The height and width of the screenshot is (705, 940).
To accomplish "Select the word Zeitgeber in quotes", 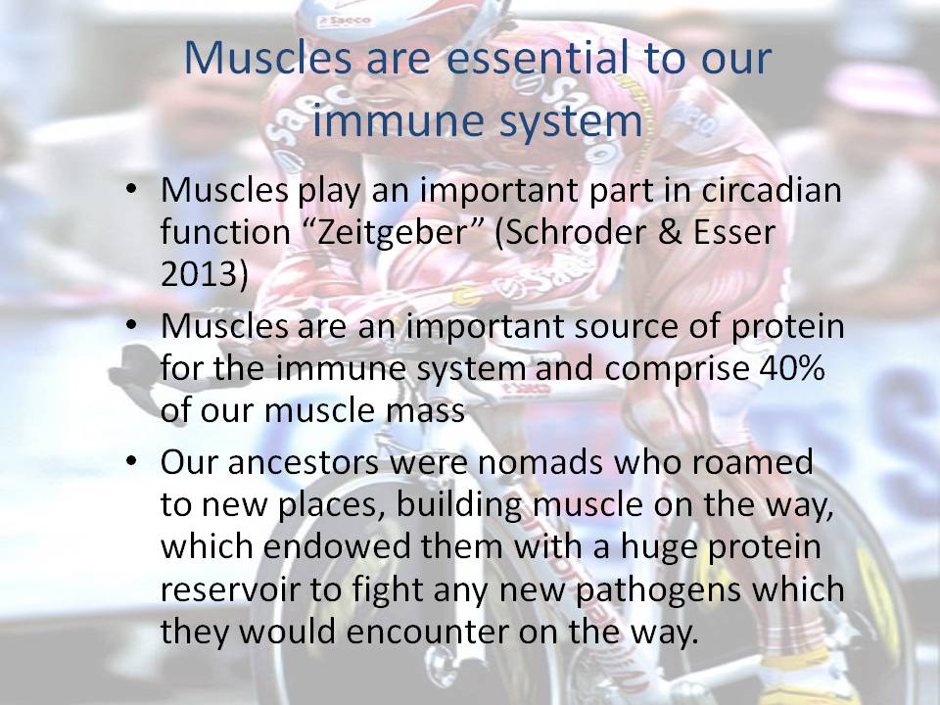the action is click(392, 233).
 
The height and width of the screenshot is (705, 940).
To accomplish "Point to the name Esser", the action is click(733, 233).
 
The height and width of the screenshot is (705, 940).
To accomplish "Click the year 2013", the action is click(204, 274).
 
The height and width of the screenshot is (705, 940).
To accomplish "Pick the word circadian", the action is click(772, 189).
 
